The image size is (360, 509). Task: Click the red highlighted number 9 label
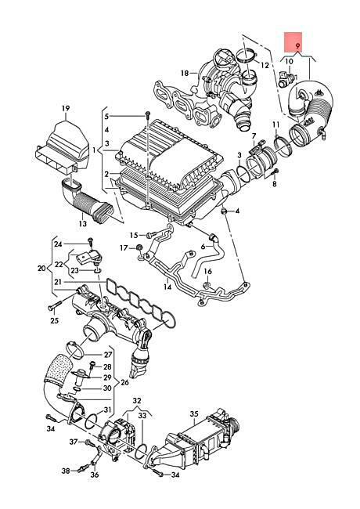[x=298, y=45]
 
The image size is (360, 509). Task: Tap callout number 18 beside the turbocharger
[x=185, y=74]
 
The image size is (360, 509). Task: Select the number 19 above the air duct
[x=66, y=108]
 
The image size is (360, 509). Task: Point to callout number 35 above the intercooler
[x=194, y=414]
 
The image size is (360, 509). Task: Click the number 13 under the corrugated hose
[x=83, y=223]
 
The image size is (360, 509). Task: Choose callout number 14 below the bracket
[x=167, y=287]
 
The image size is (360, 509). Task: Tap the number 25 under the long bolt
[x=54, y=321]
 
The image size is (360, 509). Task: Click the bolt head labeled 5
[x=148, y=114]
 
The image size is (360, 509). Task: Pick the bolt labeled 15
[x=152, y=234]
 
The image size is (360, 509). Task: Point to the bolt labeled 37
[x=88, y=442]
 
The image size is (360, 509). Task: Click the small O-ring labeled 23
[x=98, y=270]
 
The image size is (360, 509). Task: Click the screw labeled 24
[x=90, y=241]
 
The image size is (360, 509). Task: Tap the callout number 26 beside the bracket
[x=124, y=382]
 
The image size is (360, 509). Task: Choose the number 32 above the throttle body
[x=137, y=399]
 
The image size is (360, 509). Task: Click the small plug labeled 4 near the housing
[x=224, y=211]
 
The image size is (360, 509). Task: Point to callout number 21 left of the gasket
[x=58, y=282]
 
